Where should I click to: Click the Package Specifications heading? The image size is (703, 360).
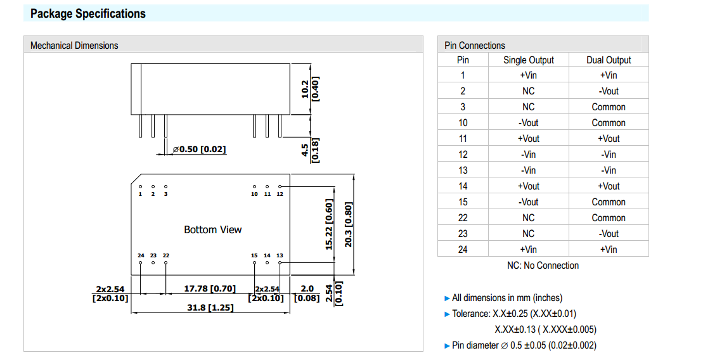(x=88, y=13)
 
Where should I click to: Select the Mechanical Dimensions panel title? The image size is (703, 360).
(x=74, y=45)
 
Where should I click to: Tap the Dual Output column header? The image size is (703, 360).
(x=609, y=60)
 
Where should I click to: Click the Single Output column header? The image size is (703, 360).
(x=528, y=60)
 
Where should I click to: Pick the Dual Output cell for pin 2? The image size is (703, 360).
(x=609, y=91)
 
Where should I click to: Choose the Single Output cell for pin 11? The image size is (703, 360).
(x=528, y=139)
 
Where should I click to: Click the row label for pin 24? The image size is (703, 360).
(x=463, y=250)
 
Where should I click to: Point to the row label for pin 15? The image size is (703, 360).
(x=463, y=202)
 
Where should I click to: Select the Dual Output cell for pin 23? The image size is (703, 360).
(x=609, y=234)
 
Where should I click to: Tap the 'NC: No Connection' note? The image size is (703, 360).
(x=543, y=266)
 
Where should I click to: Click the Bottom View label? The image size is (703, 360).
(x=212, y=229)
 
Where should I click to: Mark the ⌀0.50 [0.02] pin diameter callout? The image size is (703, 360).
(x=199, y=150)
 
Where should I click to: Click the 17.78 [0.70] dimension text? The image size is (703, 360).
(x=209, y=289)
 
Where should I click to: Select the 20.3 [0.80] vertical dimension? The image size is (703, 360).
(x=348, y=225)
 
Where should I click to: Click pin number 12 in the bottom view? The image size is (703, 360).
(x=280, y=194)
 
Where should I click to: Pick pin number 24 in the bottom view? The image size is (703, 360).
(x=141, y=255)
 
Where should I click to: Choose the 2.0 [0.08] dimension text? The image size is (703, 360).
(x=307, y=293)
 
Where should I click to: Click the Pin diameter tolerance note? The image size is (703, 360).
(x=524, y=345)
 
